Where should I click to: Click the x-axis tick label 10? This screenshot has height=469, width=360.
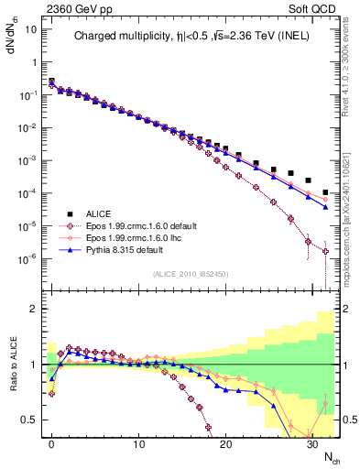(138, 444)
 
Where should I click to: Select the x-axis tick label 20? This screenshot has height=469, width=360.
(225, 444)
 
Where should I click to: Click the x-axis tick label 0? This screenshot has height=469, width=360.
(52, 444)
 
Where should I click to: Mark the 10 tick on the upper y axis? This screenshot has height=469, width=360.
(32, 29)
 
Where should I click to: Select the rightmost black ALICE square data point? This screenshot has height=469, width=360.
(326, 192)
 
